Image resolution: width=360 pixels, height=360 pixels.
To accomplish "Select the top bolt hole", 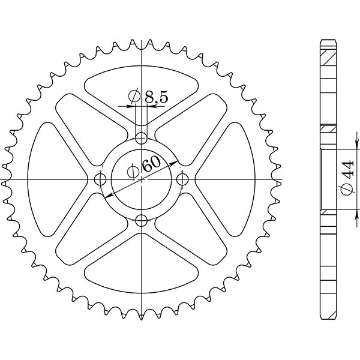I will [x=142, y=139].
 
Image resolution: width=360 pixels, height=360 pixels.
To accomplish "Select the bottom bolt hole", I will [x=142, y=220].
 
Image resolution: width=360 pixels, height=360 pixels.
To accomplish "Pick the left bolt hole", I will [x=101, y=179].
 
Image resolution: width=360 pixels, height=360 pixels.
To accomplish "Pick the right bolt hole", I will [x=182, y=179].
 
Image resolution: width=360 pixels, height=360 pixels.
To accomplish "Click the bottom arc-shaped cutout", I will [x=142, y=280].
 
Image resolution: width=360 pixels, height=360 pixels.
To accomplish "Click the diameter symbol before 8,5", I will [x=134, y=96].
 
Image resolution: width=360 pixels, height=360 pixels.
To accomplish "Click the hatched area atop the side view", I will [x=328, y=57].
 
